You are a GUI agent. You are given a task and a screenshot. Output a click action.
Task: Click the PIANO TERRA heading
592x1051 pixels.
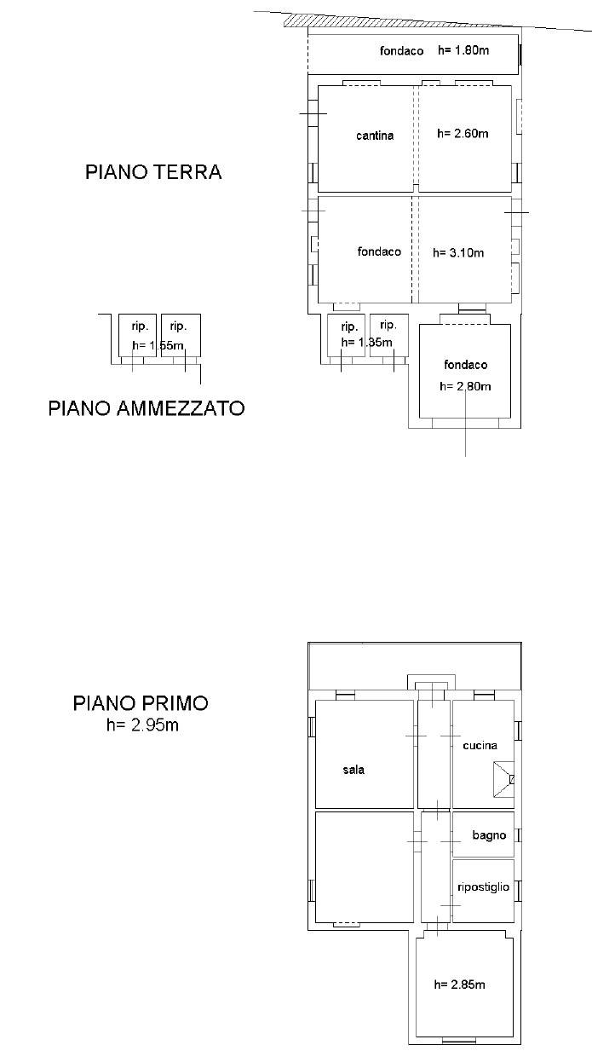coord(153,172)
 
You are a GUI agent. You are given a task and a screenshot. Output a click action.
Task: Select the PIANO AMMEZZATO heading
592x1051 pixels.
coord(147,408)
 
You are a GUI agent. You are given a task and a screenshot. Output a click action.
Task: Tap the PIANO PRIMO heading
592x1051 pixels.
coord(141,704)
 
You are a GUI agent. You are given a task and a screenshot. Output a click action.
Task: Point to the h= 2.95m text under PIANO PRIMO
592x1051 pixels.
coord(142,725)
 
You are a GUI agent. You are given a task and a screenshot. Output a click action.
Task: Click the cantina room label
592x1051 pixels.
coord(375,136)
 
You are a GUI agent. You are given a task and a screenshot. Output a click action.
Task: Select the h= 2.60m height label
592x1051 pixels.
coord(463,133)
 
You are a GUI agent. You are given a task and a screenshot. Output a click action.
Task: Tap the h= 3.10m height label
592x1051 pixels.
coord(458,252)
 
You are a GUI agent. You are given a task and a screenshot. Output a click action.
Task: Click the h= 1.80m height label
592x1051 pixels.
coord(463,51)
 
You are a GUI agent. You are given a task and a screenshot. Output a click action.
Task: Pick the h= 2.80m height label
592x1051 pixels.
coord(465,386)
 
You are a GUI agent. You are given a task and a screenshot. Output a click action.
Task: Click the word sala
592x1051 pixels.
coord(353,770)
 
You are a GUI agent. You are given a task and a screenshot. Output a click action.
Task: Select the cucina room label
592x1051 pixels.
coord(480,746)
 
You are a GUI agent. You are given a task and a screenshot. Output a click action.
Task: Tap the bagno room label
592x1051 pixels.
coord(489,835)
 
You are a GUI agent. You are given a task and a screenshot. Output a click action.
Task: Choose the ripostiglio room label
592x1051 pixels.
coord(483,886)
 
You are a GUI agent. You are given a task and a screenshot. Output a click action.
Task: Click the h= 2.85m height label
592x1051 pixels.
coord(460,985)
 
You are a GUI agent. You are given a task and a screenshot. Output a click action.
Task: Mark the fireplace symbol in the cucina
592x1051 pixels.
coord(504,778)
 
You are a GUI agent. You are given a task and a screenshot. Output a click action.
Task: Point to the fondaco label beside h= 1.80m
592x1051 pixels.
coord(402,51)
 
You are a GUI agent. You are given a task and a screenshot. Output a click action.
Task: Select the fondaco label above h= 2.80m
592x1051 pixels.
coord(466,365)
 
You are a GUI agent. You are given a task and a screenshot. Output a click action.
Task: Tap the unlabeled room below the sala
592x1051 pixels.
coord(364,867)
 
